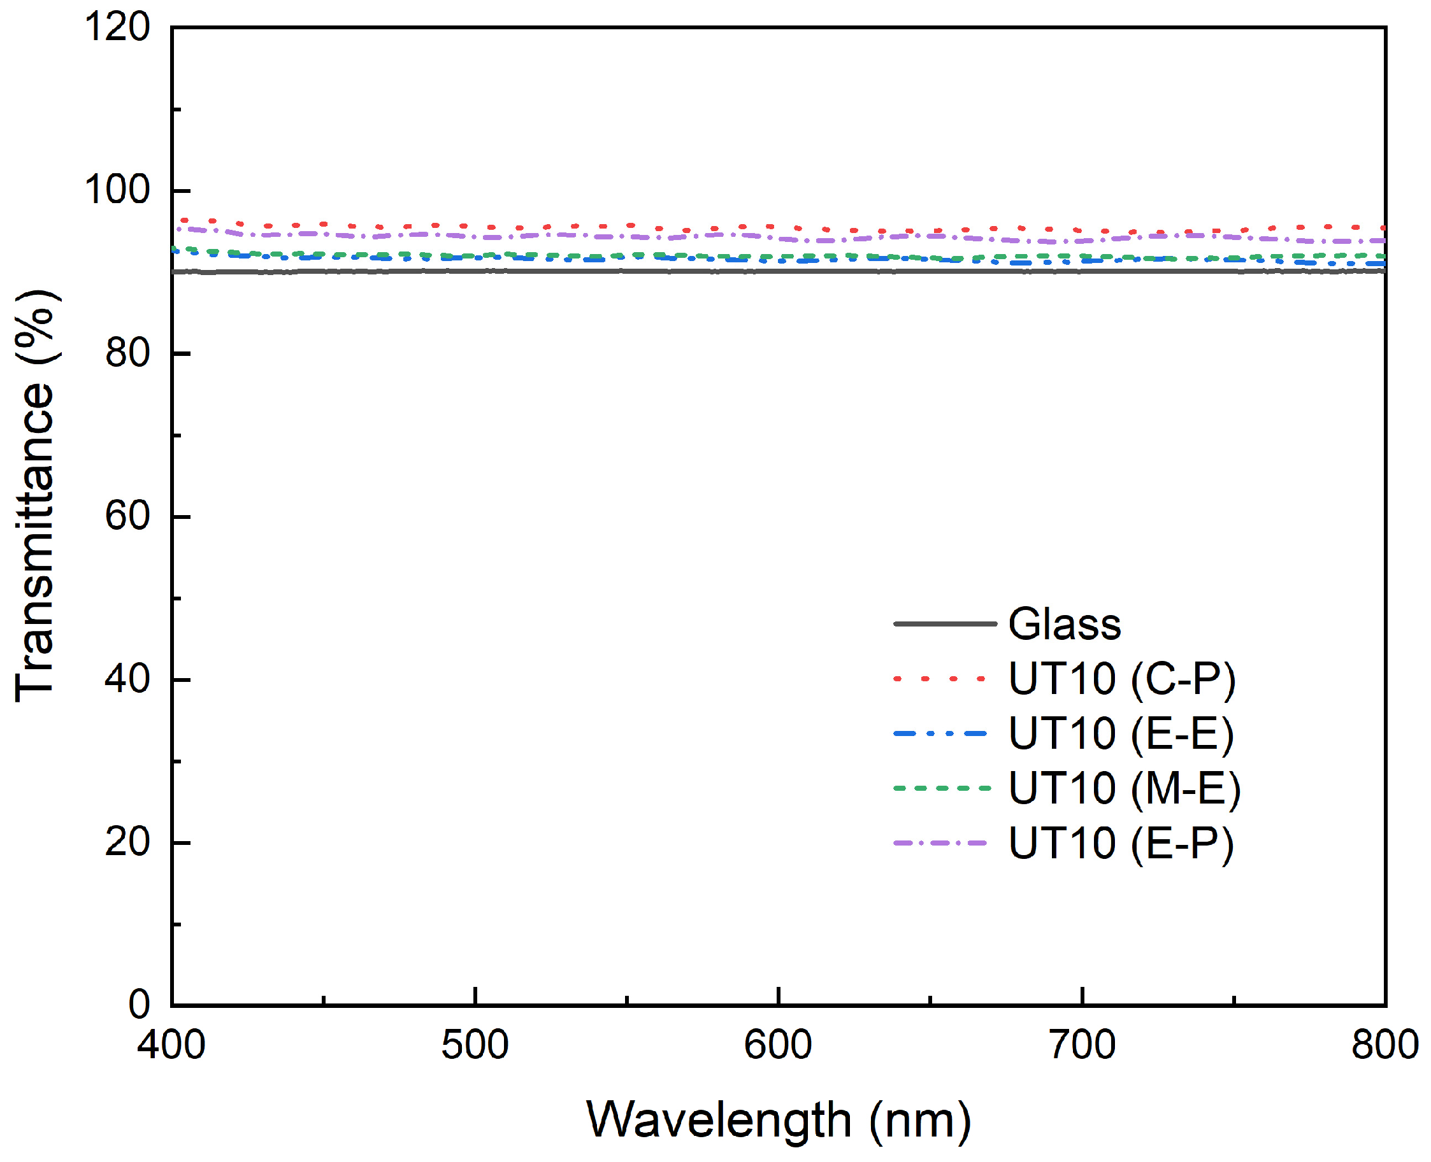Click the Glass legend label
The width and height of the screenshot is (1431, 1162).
click(x=1064, y=625)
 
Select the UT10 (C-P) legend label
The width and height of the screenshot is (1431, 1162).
click(x=1121, y=679)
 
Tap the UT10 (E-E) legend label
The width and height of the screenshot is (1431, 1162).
click(x=1121, y=733)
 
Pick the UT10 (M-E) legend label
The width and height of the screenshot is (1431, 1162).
click(x=1125, y=788)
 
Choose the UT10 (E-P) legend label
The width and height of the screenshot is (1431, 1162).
click(x=1121, y=843)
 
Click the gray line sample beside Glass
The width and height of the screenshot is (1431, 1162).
click(x=945, y=624)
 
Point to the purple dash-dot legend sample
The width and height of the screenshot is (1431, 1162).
click(x=940, y=843)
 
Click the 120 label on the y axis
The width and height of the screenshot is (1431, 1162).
click(x=117, y=28)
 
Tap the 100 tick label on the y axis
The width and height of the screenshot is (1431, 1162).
click(x=117, y=190)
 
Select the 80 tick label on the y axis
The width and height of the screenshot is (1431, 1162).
click(x=127, y=353)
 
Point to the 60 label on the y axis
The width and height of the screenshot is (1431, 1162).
click(x=127, y=516)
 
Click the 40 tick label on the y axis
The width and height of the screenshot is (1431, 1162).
click(x=127, y=679)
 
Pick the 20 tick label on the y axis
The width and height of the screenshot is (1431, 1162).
click(x=127, y=841)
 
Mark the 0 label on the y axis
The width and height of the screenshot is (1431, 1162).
click(x=140, y=1004)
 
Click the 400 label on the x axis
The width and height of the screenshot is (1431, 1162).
click(x=171, y=1045)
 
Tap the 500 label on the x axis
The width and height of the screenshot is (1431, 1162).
click(x=475, y=1045)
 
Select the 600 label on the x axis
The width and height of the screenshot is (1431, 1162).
click(x=778, y=1045)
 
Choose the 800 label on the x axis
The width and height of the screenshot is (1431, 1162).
click(x=1384, y=1045)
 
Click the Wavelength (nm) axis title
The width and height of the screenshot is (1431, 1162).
click(x=778, y=1121)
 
